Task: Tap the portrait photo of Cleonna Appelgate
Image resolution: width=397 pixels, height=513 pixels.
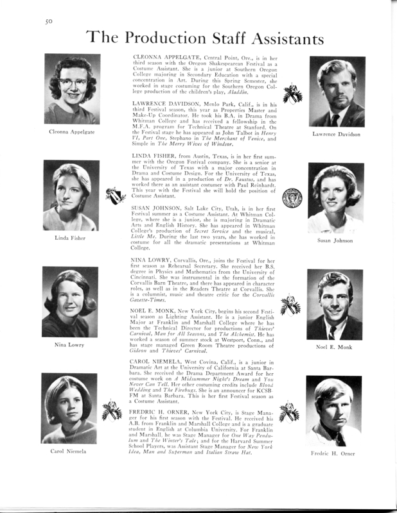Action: pyautogui.click(x=71, y=89)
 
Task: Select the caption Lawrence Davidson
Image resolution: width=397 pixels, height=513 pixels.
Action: pyautogui.click(x=336, y=134)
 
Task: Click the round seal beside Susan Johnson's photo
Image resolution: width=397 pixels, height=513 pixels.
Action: pyautogui.click(x=291, y=196)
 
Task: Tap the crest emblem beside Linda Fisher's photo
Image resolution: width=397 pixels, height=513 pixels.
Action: pyautogui.click(x=115, y=195)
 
